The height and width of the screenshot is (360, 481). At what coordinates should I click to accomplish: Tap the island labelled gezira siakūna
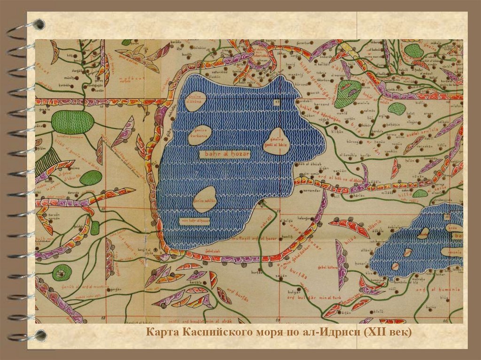tap(192, 104)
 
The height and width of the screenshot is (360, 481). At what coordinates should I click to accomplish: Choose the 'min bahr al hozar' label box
tap(194, 221)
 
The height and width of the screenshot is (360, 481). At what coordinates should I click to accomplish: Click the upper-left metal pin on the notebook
tap(39, 24)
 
